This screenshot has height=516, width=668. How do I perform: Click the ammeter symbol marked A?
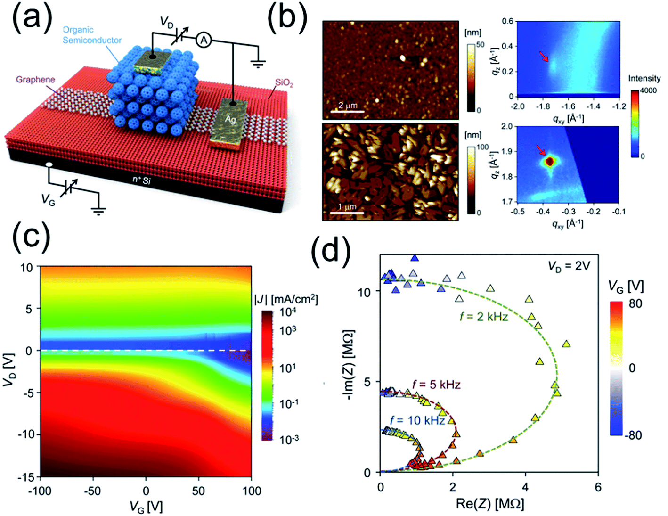pos(203,41)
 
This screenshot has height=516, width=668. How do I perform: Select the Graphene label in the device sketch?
pos(35,80)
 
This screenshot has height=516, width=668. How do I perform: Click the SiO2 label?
pos(285,83)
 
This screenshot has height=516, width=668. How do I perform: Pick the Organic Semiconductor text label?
pos(92,35)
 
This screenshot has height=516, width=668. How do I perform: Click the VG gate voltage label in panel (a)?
pos(48,200)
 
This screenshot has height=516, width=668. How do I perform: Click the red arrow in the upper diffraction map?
pos(544,57)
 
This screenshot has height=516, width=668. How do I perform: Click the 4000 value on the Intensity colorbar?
pos(648,90)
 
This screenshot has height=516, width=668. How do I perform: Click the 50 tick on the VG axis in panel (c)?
pos(198,491)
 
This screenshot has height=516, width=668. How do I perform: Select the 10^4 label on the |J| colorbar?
pos(288,312)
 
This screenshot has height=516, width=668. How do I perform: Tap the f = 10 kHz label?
pos(417,420)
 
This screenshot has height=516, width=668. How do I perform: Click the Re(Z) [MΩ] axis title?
pos(490,504)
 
